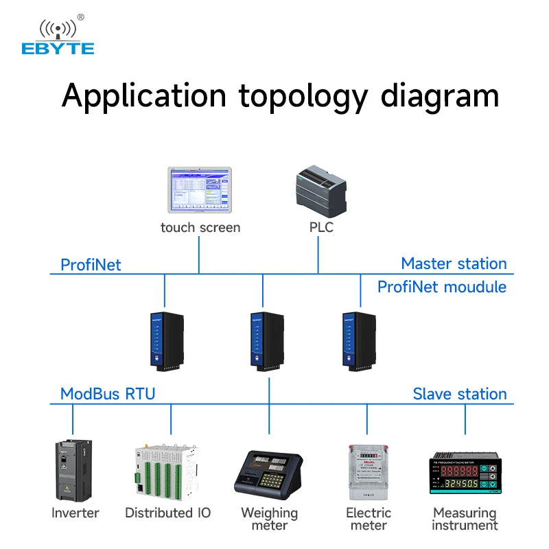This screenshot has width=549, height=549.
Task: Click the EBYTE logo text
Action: click(x=58, y=48)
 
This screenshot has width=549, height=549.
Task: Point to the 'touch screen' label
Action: click(x=200, y=227)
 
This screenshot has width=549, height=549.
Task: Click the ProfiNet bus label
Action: click(x=91, y=265)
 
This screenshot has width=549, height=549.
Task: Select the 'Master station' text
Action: click(x=454, y=264)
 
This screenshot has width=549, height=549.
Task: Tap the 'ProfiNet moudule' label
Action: click(x=442, y=286)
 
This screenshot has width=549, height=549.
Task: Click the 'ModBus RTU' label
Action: click(x=108, y=394)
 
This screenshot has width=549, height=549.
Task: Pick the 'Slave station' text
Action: click(x=460, y=394)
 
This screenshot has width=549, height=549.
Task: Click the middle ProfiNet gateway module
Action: click(x=266, y=340)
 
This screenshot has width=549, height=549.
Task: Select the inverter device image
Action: click(x=73, y=471)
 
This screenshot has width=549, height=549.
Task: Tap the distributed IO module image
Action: click(x=165, y=471)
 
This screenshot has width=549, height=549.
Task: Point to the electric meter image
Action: click(x=368, y=472)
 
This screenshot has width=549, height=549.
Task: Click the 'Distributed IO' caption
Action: click(x=167, y=513)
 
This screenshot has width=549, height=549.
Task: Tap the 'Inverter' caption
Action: click(x=75, y=513)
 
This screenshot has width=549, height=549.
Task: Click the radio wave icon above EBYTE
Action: click(x=58, y=27)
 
